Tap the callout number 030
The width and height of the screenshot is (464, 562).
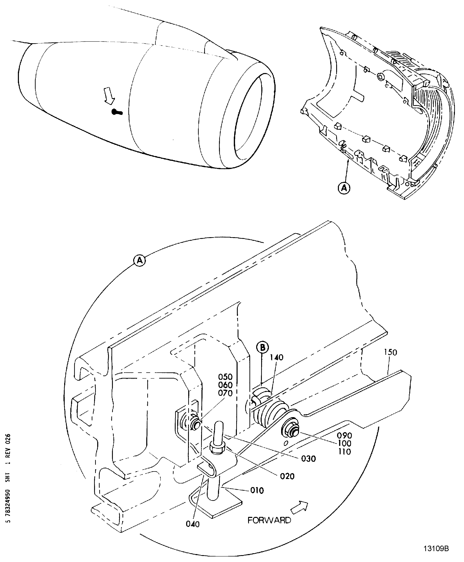308,459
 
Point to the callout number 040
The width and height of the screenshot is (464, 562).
193,524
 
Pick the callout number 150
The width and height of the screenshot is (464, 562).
391,352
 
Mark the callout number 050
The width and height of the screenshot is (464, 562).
225,377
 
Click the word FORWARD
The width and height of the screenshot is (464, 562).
269,520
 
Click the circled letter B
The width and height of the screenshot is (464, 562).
263,347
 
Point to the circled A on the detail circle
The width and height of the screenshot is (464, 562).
140,260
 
